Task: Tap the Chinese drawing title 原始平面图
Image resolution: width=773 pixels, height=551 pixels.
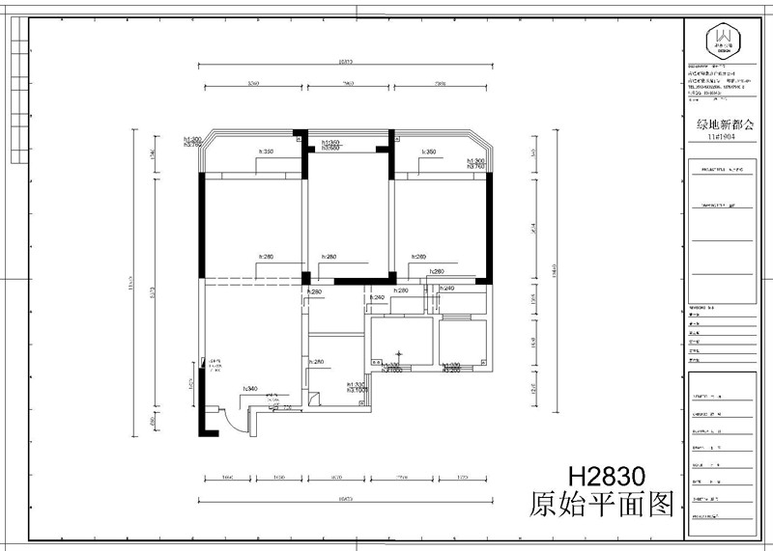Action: pyautogui.click(x=600, y=506)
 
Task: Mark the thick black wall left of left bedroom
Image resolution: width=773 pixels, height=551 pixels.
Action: pyautogui.click(x=202, y=228)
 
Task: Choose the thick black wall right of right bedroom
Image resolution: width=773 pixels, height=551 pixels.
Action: pyautogui.click(x=491, y=228)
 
